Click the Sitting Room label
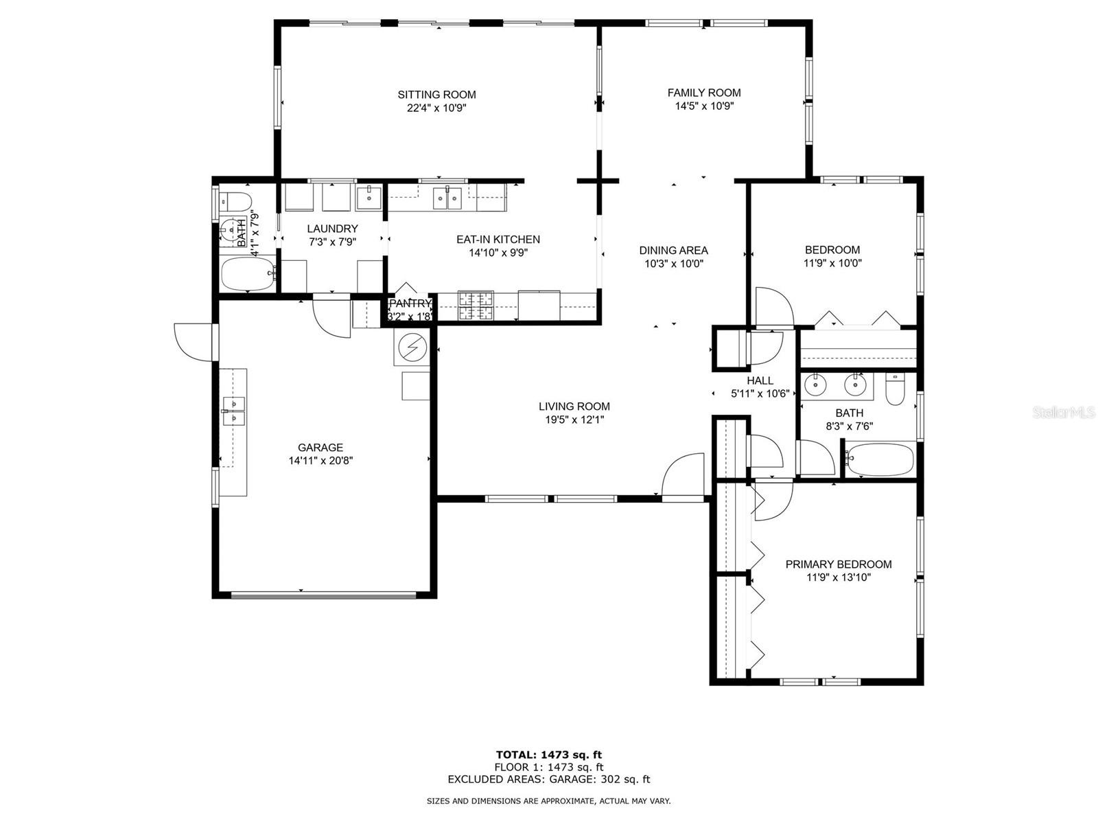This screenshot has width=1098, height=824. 436,95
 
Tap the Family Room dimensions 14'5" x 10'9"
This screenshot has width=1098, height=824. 704,106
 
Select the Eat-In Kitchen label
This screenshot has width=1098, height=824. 498,240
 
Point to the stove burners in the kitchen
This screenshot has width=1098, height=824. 476,305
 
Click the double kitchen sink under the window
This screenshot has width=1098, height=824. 446,198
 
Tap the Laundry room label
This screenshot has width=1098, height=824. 332,229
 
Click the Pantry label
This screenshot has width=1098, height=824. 410,304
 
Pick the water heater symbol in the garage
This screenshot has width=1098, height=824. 412,347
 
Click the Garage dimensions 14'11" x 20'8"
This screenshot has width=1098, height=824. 320,461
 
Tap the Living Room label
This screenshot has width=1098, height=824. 574,407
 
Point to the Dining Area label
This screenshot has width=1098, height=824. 673,250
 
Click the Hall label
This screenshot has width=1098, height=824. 760,380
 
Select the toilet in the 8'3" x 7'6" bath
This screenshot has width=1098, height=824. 894,389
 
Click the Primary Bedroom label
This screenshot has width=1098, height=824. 839,564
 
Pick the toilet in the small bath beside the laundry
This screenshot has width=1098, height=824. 235,202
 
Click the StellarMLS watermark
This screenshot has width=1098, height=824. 1064,412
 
